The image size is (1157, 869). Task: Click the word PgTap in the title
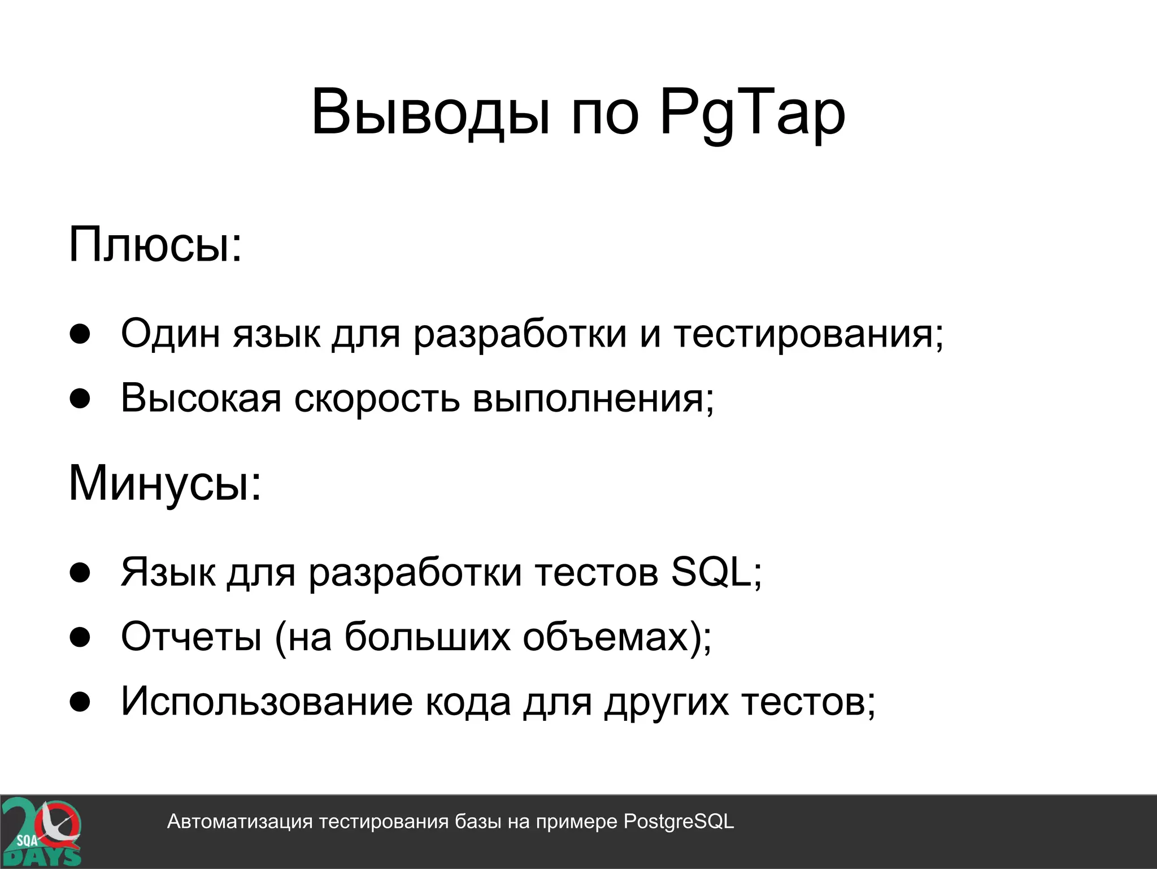tap(752, 113)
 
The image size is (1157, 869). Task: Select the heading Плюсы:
tap(155, 245)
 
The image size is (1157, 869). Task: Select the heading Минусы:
tap(165, 484)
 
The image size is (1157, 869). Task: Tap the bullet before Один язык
tap(80, 334)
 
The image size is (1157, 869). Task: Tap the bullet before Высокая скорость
tap(80, 399)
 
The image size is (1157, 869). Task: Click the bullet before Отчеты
tap(80, 637)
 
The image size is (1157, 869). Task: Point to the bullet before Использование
tap(80, 702)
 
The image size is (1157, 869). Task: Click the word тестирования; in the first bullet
tap(808, 334)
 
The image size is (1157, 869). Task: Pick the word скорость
tap(377, 399)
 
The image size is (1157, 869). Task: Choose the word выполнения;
tap(593, 399)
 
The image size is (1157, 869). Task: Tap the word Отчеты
tap(191, 637)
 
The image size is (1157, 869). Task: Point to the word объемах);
tap(617, 637)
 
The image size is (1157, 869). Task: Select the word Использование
tap(267, 702)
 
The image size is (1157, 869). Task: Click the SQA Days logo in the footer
tap(41, 832)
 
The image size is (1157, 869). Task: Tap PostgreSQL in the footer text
tap(678, 822)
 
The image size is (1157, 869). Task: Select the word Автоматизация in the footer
tap(240, 822)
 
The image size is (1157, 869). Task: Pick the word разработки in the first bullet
tap(520, 334)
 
